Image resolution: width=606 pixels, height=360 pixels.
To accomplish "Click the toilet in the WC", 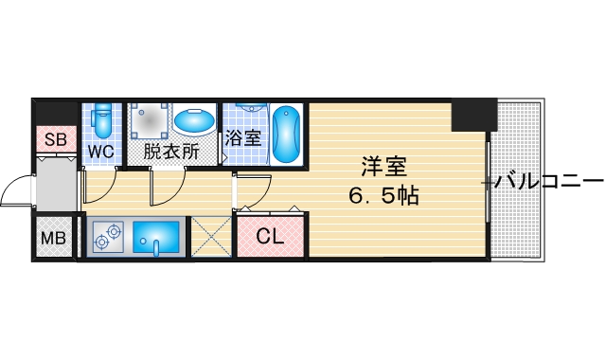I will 102,121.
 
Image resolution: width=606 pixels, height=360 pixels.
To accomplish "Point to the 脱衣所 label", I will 170,151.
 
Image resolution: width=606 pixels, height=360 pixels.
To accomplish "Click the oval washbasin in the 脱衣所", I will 194,121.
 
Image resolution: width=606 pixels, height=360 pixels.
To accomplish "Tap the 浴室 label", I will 241,136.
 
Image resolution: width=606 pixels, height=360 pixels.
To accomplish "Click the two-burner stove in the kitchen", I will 109,236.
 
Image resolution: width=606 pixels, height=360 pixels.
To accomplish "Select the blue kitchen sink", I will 157,236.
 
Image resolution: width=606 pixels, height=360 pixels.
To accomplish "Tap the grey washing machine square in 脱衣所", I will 149,119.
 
